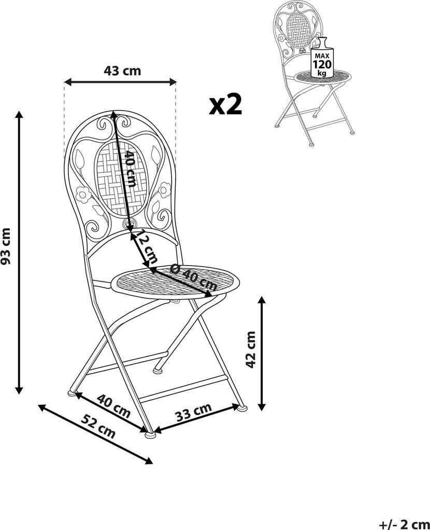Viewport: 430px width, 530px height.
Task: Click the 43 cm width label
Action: click(122, 71)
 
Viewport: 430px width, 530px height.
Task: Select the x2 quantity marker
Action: click(226, 105)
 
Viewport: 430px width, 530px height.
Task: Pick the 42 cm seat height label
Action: click(251, 349)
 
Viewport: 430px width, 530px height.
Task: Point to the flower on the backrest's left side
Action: click(83, 195)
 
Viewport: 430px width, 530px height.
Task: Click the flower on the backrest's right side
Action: click(165, 190)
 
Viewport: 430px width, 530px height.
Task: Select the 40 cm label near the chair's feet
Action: click(114, 406)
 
